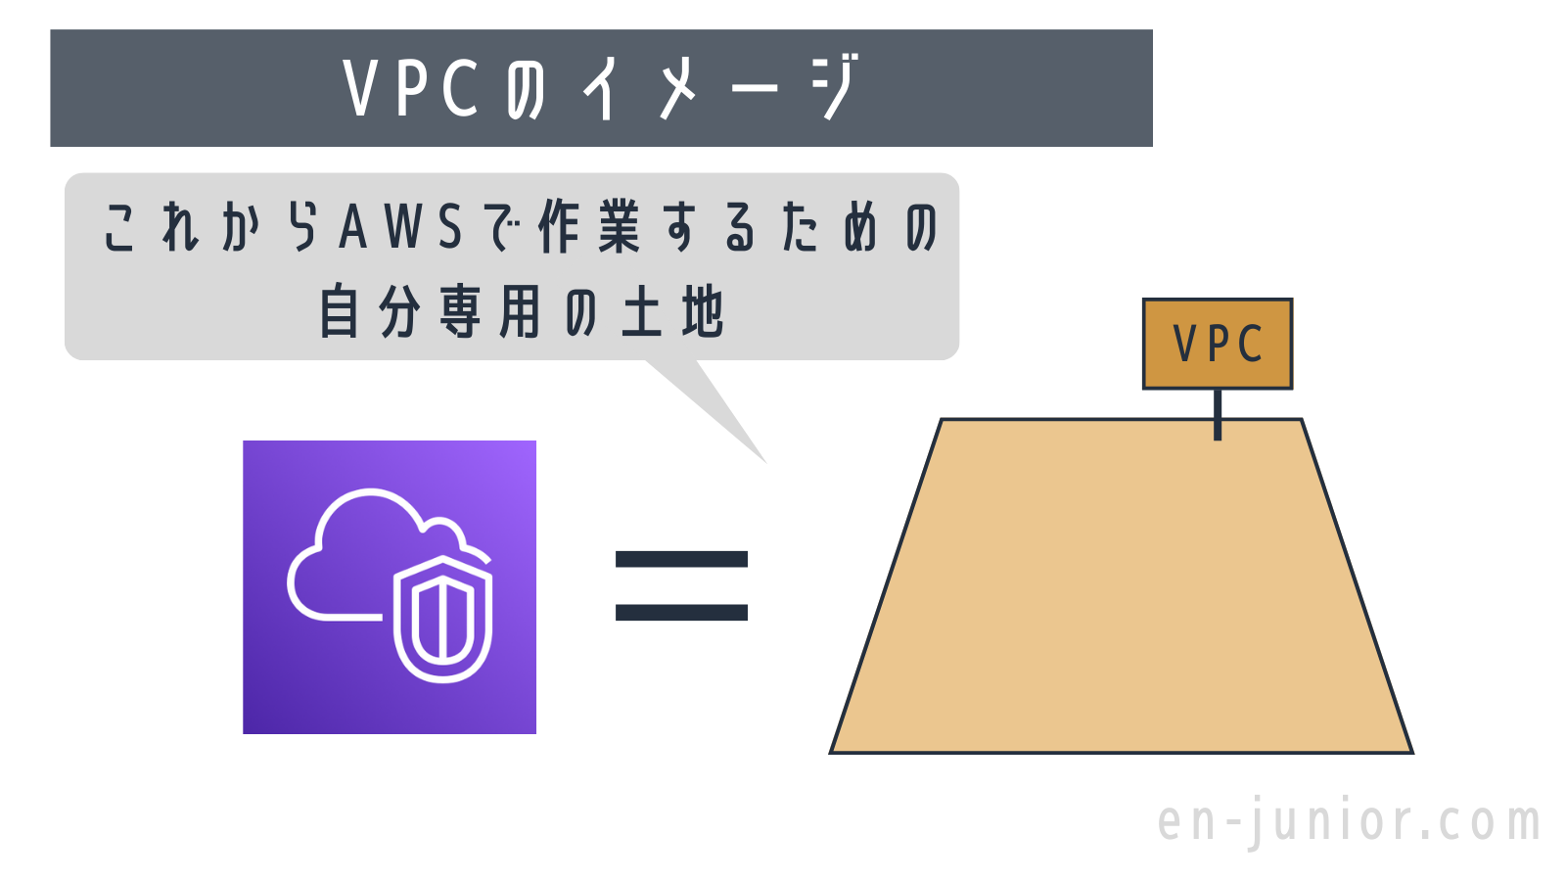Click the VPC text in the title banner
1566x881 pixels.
point(411,89)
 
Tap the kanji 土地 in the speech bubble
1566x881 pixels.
point(672,313)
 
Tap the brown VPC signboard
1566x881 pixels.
point(1218,344)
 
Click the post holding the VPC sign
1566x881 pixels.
point(1218,414)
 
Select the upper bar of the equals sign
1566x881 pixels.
point(681,560)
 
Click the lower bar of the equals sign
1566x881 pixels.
point(681,613)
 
